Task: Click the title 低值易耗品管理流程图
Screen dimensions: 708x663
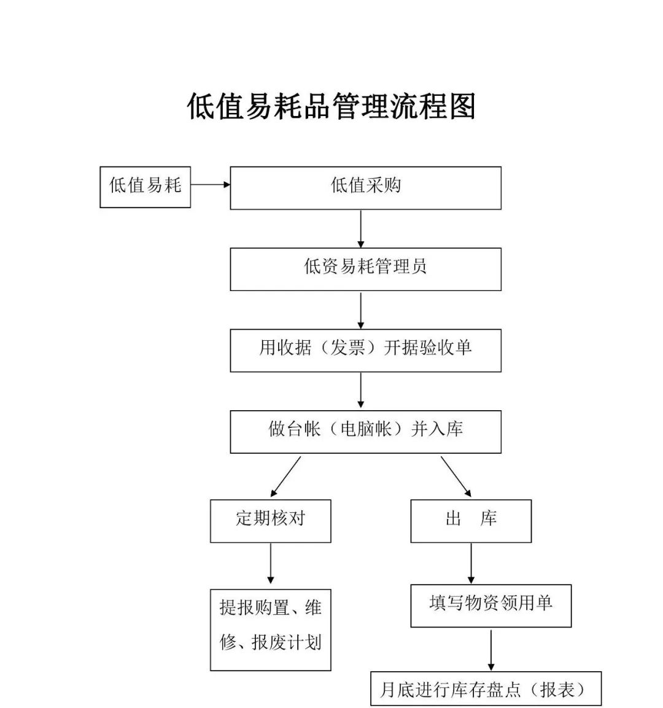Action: point(331,107)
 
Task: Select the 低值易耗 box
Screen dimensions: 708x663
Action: point(145,187)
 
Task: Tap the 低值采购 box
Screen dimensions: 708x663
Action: point(365,187)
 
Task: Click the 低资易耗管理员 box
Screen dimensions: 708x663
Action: point(365,269)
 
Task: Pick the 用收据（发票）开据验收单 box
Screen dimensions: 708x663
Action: point(365,350)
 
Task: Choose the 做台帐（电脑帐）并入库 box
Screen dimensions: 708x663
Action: point(365,432)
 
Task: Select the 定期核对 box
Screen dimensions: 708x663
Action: point(270,520)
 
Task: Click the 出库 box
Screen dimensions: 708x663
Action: point(470,520)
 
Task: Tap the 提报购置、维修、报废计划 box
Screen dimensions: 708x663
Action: point(270,629)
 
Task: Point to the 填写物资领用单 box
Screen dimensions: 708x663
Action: point(490,605)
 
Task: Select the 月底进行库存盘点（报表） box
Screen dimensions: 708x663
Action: point(486,688)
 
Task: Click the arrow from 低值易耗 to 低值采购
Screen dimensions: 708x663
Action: point(210,184)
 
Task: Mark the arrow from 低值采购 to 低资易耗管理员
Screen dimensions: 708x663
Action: point(361,228)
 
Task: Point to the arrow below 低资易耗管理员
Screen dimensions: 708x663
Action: point(361,310)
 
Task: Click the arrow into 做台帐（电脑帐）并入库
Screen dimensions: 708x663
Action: point(361,391)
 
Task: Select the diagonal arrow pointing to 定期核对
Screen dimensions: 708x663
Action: point(286,476)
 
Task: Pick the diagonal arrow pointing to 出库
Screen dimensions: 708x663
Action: point(456,476)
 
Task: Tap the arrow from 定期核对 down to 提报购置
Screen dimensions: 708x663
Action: point(270,564)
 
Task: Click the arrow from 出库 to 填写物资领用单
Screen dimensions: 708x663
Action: point(471,563)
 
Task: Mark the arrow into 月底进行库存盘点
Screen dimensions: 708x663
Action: point(490,650)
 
